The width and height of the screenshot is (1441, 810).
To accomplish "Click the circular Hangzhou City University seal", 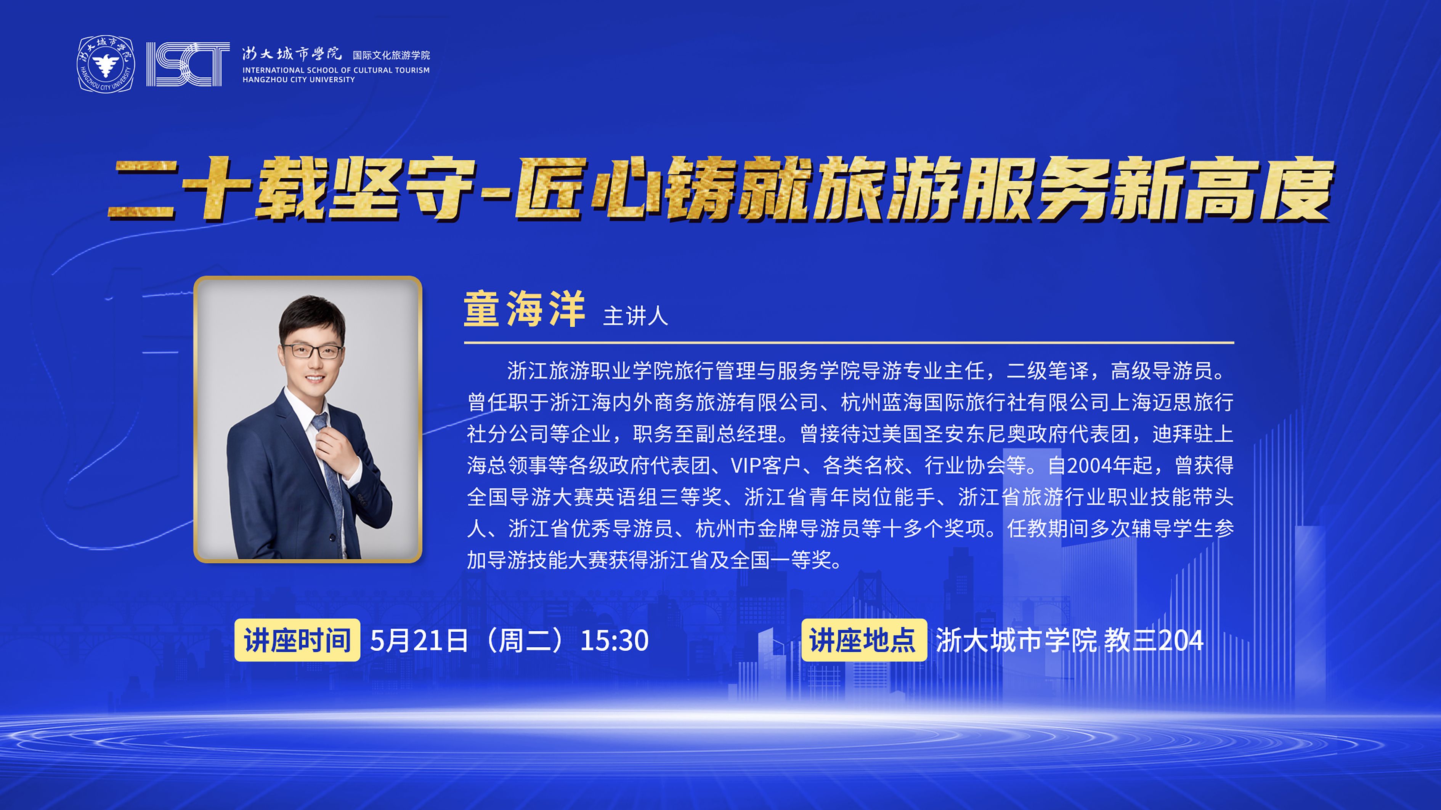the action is (106, 64).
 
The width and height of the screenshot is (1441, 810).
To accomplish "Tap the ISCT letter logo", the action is (188, 64).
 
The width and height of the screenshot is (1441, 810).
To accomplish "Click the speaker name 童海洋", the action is (524, 309).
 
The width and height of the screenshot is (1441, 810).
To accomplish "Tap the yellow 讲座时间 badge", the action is (297, 640).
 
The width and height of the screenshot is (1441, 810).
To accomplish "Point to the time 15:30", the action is (614, 640).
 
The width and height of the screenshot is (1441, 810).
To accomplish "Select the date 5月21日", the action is (419, 640).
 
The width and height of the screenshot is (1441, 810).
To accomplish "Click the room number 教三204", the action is (1154, 640).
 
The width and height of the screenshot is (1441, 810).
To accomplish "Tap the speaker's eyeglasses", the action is (313, 351).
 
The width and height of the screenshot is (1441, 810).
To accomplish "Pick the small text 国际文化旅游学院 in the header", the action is (392, 55).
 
